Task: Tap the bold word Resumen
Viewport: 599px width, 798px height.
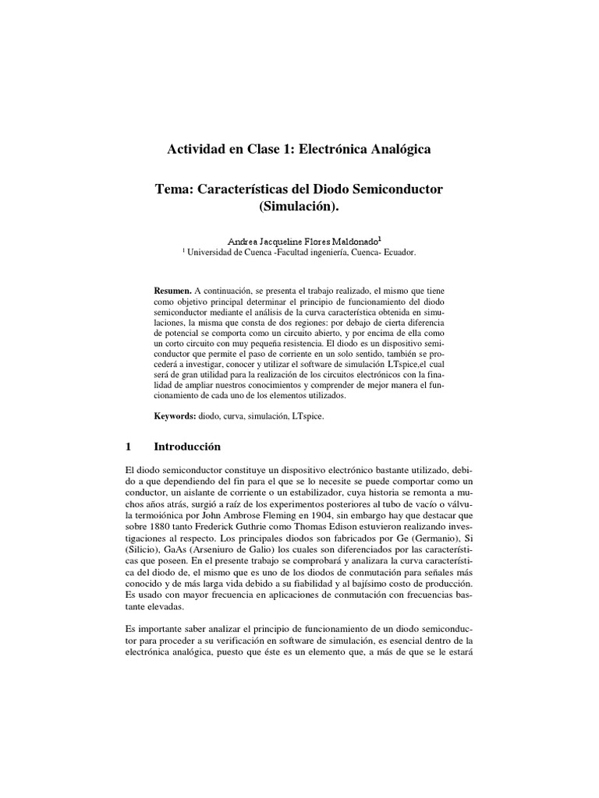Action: tap(172, 289)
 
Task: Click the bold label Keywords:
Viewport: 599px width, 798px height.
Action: tap(175, 417)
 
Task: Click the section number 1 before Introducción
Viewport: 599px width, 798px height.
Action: tap(128, 447)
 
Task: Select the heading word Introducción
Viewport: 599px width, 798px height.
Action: tap(188, 447)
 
